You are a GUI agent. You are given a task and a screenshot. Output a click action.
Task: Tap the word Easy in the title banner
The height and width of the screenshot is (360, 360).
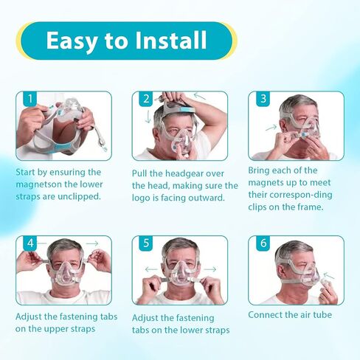click(71, 41)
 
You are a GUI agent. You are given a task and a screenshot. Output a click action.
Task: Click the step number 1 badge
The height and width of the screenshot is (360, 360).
click(30, 99)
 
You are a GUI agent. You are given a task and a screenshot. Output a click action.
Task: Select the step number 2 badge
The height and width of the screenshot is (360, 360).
click(146, 99)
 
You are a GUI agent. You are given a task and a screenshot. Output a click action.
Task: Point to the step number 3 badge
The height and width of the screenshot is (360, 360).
click(263, 99)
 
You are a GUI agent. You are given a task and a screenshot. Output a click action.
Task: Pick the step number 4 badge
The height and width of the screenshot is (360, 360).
click(30, 243)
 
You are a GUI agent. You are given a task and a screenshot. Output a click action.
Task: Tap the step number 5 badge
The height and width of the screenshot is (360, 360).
click(146, 243)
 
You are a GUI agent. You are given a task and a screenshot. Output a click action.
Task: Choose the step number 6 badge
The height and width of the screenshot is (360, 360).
click(263, 243)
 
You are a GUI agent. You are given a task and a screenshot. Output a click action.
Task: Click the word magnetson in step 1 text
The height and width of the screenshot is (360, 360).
click(38, 184)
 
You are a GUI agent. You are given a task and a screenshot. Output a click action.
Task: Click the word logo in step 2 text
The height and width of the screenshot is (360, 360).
click(142, 198)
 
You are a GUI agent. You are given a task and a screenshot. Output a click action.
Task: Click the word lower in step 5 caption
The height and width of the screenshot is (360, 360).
click(184, 330)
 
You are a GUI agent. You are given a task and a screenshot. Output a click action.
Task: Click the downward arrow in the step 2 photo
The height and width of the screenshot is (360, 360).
click(148, 117)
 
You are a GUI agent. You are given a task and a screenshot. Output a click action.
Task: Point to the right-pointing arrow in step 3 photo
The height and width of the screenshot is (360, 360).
click(271, 128)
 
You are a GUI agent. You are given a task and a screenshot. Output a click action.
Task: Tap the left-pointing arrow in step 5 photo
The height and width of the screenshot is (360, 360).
click(151, 269)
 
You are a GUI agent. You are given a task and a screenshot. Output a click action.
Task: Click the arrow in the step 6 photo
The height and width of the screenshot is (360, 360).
click(329, 275)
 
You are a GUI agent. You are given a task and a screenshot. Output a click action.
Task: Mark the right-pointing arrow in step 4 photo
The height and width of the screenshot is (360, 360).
click(92, 243)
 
